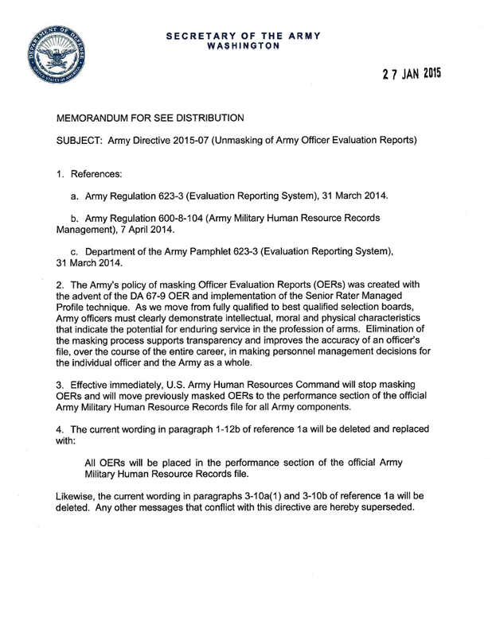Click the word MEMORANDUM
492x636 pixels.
pos(101,116)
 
